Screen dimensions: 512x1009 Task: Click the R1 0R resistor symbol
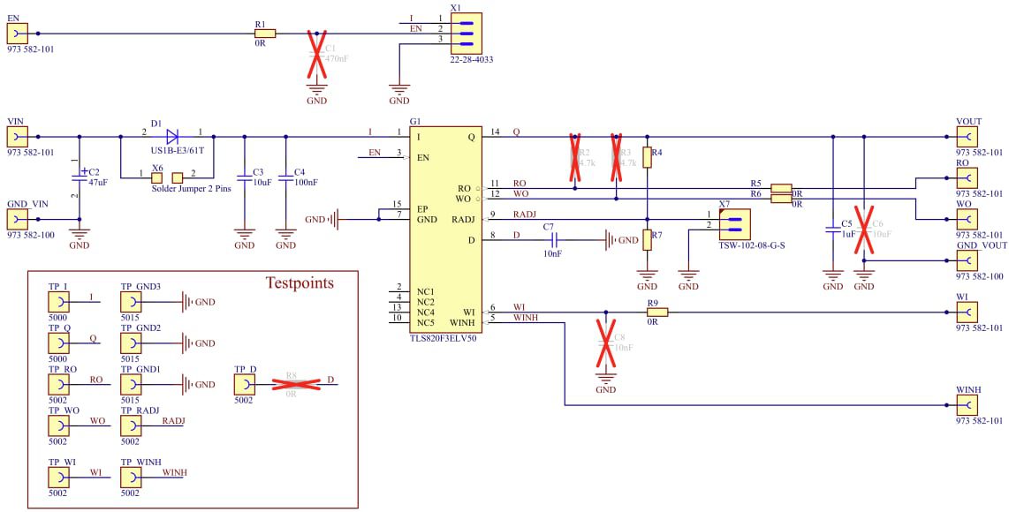point(264,34)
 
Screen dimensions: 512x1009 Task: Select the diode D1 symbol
point(172,136)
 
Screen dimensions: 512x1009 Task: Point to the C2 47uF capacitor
point(80,177)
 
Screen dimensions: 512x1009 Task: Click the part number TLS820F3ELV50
point(443,338)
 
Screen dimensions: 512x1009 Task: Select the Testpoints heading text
point(300,283)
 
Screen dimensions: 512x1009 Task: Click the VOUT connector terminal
point(967,137)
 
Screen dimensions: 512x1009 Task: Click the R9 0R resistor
point(656,312)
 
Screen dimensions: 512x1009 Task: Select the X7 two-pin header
point(732,222)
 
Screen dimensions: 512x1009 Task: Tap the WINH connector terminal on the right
point(967,405)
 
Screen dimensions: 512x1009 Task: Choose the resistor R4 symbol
point(647,157)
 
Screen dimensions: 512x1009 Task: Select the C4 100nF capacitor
point(285,178)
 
